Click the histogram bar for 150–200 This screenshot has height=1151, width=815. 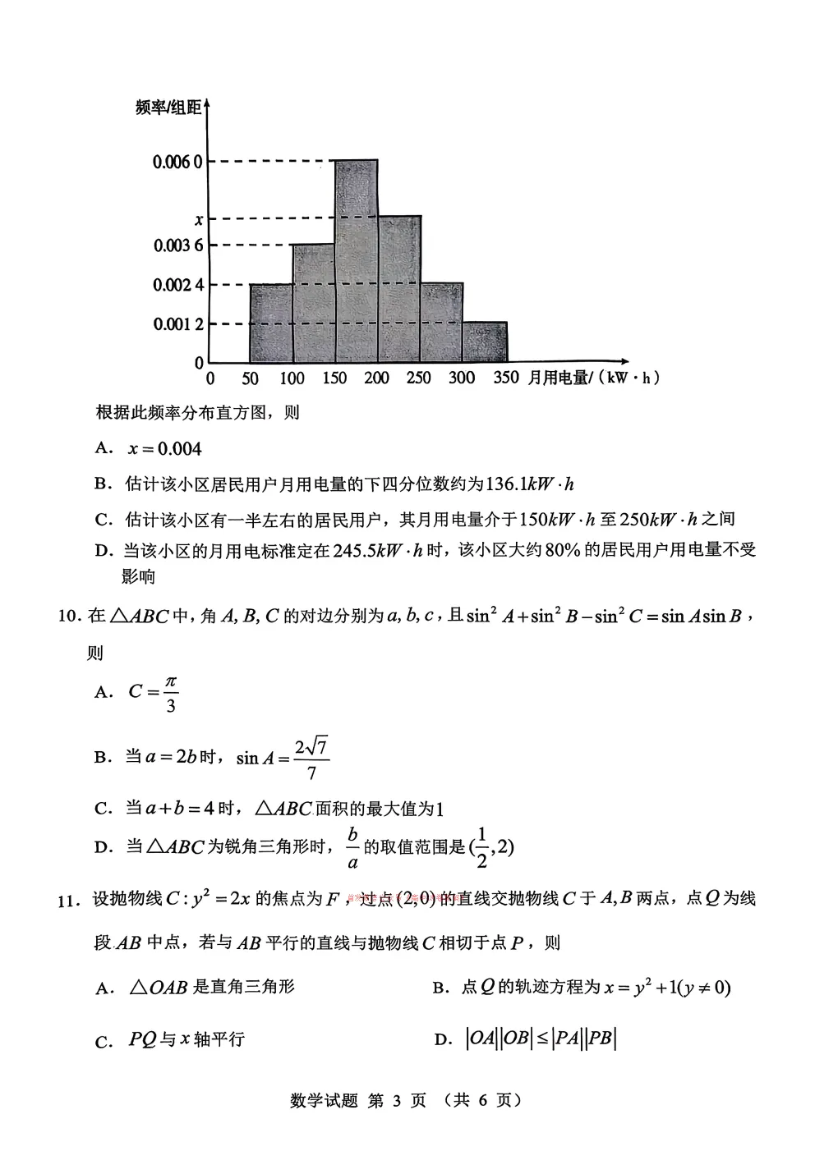tap(356, 261)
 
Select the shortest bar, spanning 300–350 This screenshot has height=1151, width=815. tap(484, 342)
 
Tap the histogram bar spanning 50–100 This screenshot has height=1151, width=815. tap(271, 323)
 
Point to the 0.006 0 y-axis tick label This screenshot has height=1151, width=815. tap(177, 162)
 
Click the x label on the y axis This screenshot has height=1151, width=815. tap(198, 219)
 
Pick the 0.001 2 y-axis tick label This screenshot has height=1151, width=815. tap(177, 324)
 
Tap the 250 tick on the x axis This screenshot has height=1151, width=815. tap(418, 378)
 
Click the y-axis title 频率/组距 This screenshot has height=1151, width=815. tap(168, 108)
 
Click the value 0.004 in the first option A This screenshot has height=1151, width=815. tap(178, 448)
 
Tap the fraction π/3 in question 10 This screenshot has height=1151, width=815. tap(170, 694)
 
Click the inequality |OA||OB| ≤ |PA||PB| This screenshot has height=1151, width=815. tap(541, 1039)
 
